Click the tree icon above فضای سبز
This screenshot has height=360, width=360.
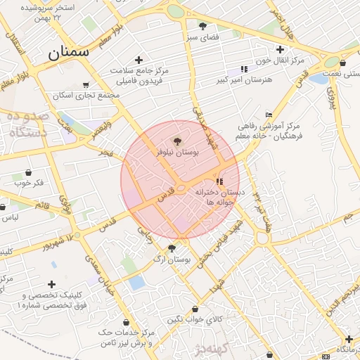[203, 26]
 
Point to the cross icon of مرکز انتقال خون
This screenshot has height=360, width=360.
[280, 49]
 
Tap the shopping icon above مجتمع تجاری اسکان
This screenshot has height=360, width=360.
[86, 84]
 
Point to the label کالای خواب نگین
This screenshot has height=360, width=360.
[195, 320]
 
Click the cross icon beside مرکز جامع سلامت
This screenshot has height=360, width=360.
[139, 60]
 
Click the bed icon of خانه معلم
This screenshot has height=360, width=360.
[269, 115]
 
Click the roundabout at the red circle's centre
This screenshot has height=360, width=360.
[180, 188]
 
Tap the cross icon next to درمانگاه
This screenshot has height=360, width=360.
[348, 339]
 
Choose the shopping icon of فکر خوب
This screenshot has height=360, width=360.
[28, 172]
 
